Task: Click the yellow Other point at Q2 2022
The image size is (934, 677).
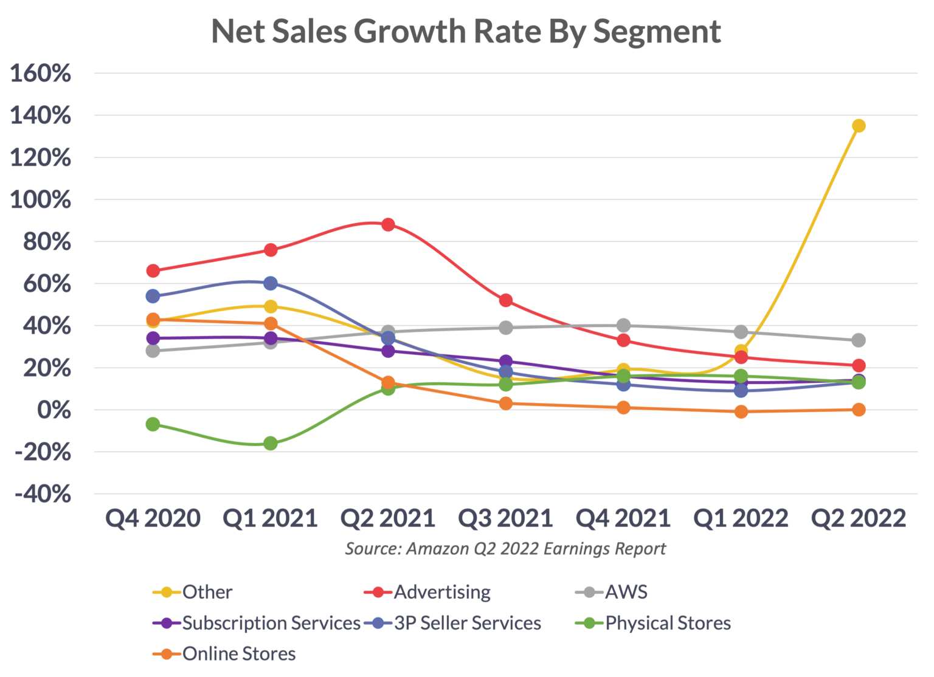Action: pos(859,126)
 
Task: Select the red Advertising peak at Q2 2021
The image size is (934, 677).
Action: pos(388,224)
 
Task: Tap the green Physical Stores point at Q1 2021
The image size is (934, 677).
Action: pos(271,443)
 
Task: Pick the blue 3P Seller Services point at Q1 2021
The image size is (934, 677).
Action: pos(271,283)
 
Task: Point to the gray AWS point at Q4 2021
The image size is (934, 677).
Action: pos(623,325)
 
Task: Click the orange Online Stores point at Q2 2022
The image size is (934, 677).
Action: pos(859,410)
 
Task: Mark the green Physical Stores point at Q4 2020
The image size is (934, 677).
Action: pos(153,424)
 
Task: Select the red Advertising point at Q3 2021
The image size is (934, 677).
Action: pos(505,300)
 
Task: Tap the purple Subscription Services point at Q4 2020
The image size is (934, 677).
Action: pos(153,338)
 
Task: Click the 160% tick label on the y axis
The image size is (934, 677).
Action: pos(41,74)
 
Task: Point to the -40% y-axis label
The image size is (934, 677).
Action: pos(43,494)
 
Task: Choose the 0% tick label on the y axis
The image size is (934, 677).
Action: pos(54,410)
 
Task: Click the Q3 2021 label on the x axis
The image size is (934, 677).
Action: pos(505,518)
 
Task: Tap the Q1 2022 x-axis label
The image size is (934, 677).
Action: pos(741,518)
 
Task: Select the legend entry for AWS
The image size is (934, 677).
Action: pos(626,592)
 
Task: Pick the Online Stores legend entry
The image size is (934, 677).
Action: pos(238,653)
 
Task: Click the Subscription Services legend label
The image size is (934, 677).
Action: pos(271,623)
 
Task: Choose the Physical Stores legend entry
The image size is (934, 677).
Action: pos(668,623)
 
